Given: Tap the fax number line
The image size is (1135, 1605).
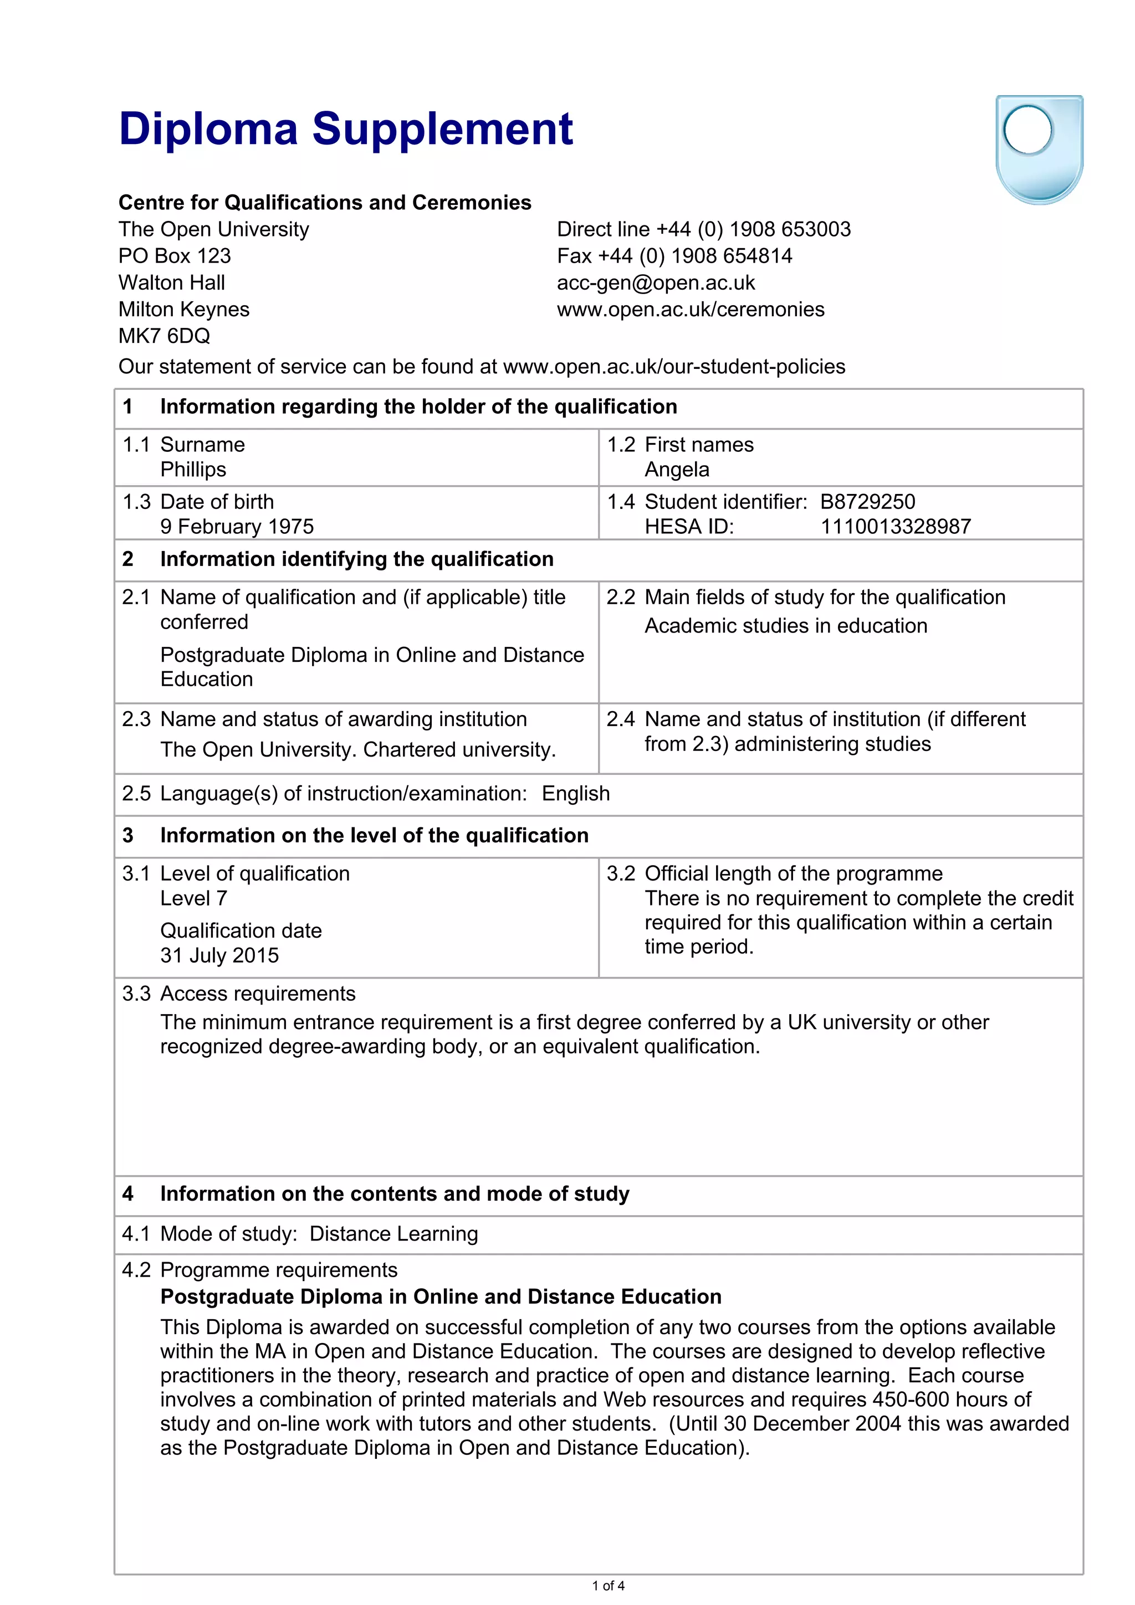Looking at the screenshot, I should [674, 256].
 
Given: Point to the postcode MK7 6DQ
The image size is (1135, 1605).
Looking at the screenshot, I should [165, 336].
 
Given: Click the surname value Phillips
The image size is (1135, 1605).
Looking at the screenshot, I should [193, 470].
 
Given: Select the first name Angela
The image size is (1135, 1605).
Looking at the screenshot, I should [676, 470].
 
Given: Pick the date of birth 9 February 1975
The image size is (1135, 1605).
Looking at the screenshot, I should [237, 526].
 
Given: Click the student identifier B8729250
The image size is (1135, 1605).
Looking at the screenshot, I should [867, 502].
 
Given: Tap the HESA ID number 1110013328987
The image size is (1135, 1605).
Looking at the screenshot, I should [895, 526].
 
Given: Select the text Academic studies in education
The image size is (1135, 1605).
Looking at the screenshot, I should [785, 626].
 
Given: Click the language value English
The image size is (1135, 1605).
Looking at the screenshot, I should [576, 794].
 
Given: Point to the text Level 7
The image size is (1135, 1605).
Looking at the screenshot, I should [194, 898].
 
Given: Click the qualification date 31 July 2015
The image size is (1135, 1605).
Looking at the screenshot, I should [219, 955].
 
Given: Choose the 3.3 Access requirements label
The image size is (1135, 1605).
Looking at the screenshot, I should [238, 994].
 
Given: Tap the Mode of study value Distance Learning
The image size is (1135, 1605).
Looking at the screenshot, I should [393, 1234].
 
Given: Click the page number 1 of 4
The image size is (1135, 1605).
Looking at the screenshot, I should [608, 1586].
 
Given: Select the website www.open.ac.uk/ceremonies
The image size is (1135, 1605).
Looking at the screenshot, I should [690, 310].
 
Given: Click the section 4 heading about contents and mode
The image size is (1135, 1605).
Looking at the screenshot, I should [395, 1194].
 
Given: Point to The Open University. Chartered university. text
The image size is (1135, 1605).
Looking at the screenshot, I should [358, 749].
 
